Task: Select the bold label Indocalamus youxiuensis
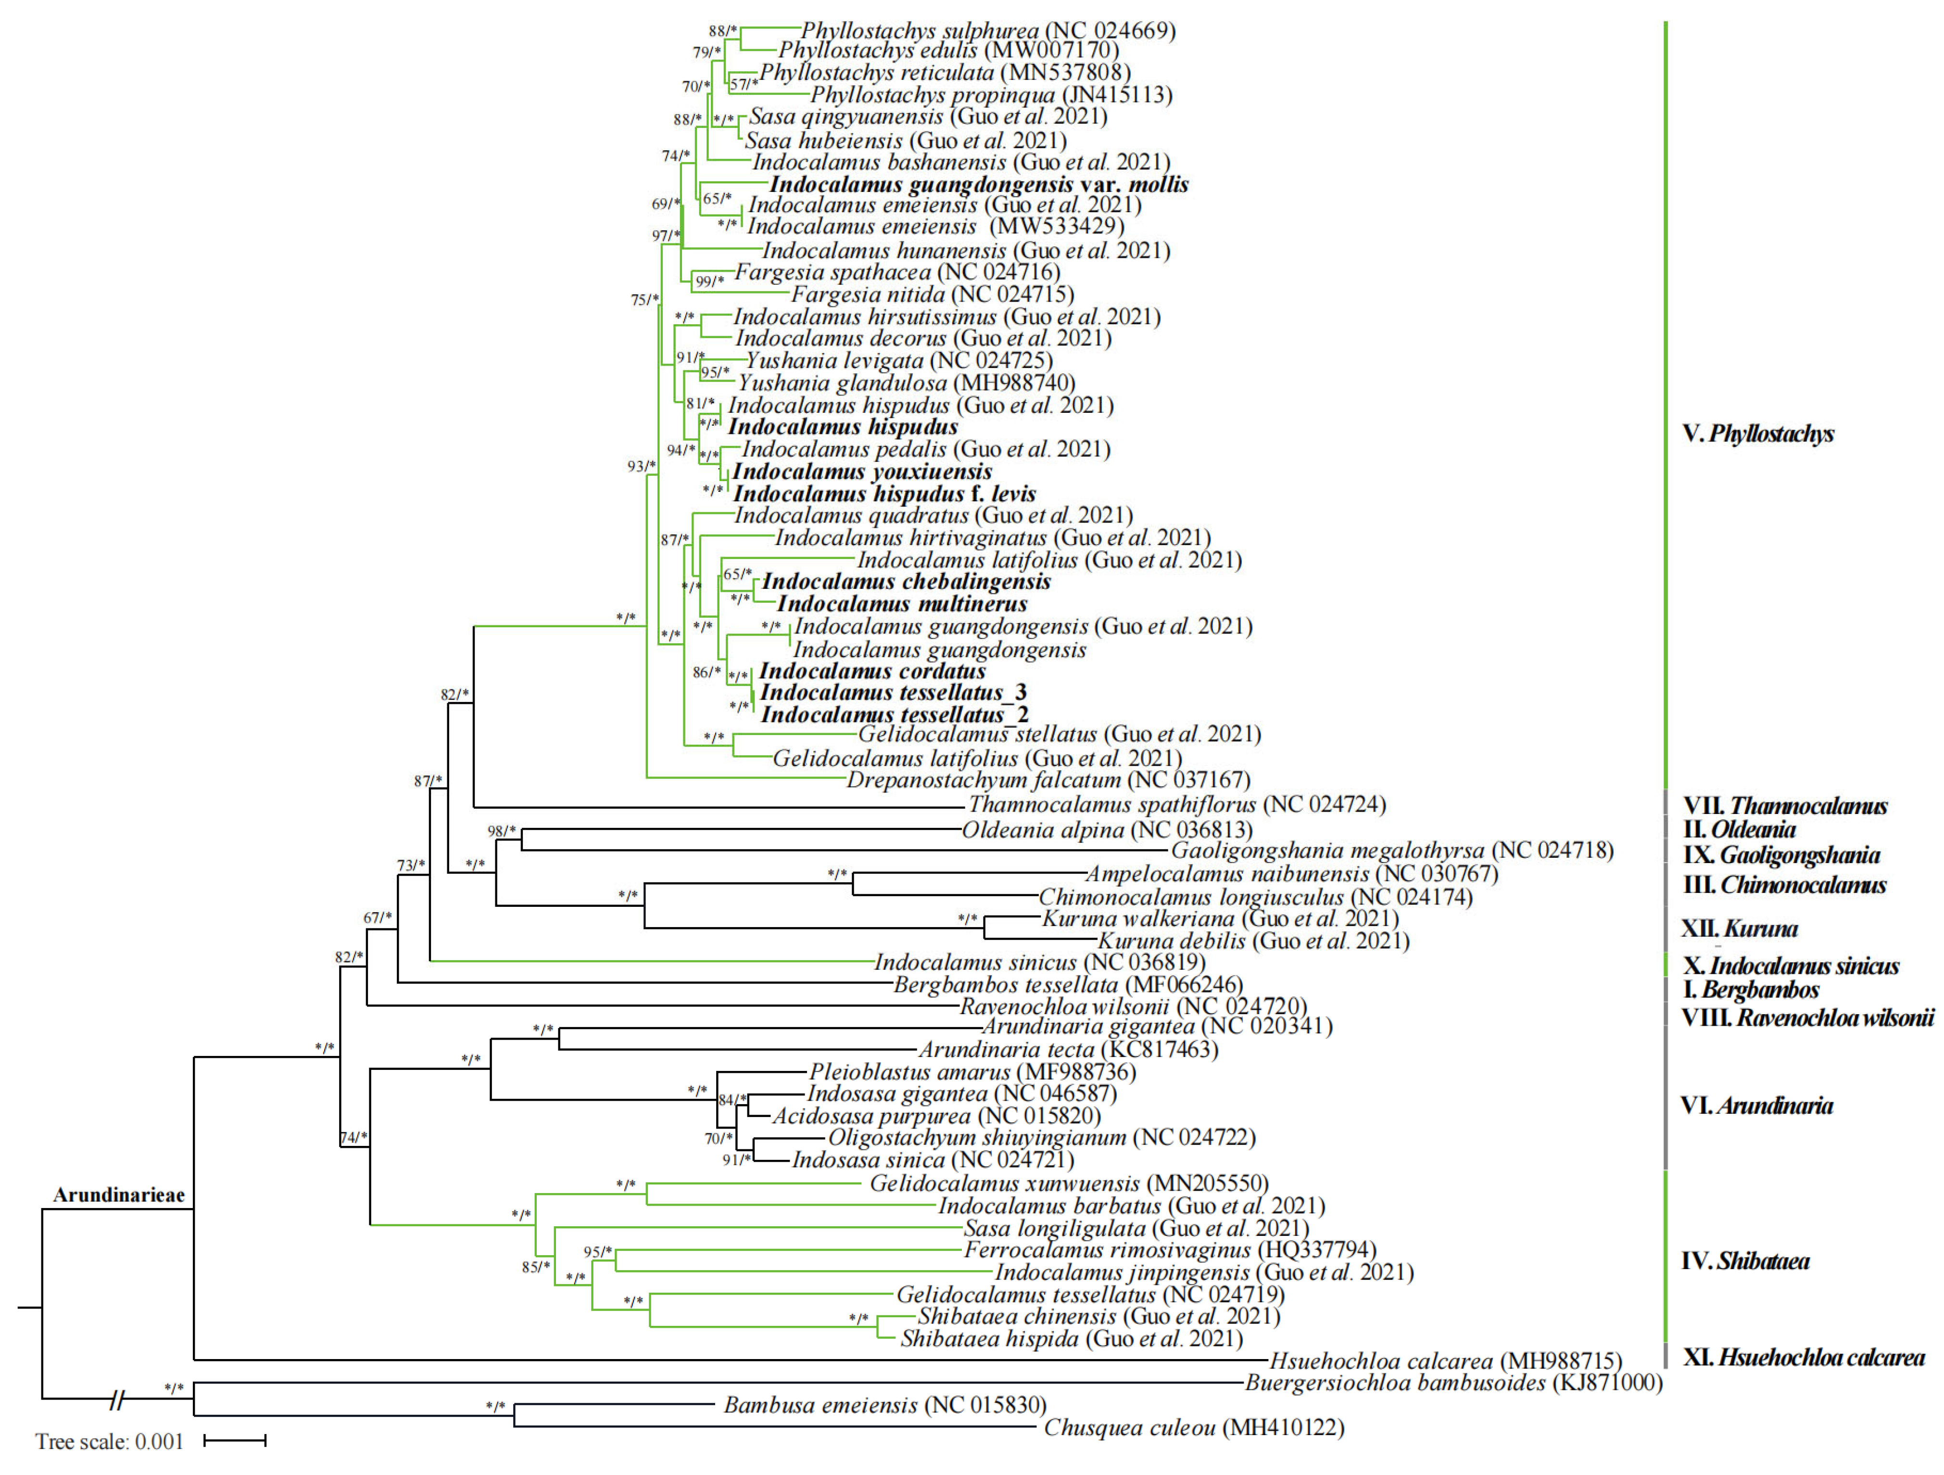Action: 862,472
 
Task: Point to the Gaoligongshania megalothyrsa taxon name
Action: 1391,851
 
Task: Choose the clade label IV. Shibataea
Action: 1744,1261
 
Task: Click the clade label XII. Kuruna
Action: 1738,929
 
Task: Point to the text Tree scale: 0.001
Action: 109,1442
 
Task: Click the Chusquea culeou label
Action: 1193,1427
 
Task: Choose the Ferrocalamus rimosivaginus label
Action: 1169,1250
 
